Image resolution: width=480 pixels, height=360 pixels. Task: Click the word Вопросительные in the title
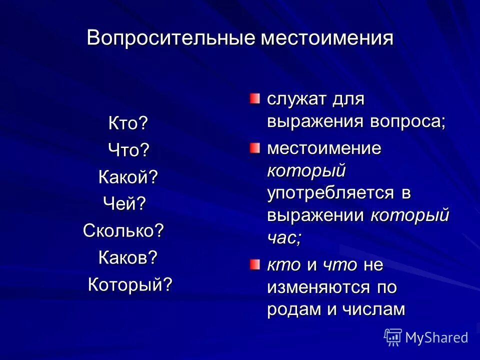(171, 38)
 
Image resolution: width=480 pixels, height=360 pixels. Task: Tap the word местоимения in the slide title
(326, 38)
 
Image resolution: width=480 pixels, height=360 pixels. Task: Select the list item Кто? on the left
(128, 123)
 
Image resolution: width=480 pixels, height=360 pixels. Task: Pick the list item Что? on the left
(129, 150)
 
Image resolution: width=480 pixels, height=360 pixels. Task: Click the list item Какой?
(128, 176)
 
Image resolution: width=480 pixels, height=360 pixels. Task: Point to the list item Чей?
(124, 203)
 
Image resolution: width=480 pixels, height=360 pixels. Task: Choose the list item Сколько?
(123, 230)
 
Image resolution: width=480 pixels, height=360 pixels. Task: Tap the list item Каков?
(127, 257)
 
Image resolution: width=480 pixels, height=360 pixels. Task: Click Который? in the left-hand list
(130, 284)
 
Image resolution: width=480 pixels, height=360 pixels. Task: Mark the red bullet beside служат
(255, 98)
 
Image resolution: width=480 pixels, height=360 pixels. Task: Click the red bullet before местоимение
(255, 147)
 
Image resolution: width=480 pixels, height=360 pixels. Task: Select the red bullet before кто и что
(255, 264)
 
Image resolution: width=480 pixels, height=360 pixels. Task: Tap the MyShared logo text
(436, 337)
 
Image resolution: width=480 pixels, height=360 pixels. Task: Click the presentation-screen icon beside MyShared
(393, 337)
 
